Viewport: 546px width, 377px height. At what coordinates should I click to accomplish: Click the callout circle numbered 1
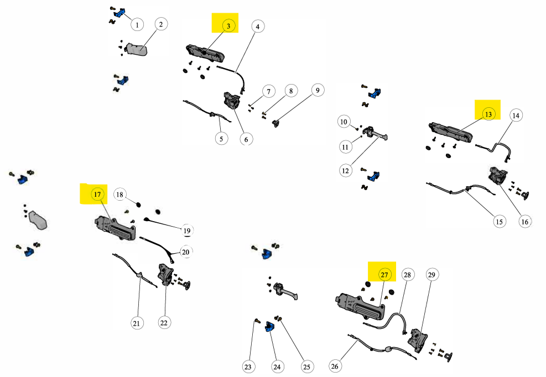click(x=137, y=24)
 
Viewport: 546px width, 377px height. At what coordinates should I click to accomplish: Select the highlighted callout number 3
click(x=227, y=25)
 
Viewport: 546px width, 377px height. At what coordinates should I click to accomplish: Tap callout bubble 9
click(x=318, y=91)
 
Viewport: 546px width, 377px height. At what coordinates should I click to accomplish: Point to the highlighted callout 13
click(x=488, y=114)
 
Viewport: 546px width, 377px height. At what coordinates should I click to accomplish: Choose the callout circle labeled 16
click(x=524, y=222)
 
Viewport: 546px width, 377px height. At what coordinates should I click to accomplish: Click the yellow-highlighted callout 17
click(x=97, y=194)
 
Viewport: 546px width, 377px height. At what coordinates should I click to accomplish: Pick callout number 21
click(x=137, y=323)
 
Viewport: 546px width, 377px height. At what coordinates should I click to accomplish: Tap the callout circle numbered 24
click(x=278, y=366)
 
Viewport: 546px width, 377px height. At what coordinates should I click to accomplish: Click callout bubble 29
click(x=431, y=275)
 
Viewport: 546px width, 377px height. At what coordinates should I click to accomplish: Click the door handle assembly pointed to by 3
click(x=206, y=54)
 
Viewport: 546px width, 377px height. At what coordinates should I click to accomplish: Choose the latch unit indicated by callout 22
click(x=165, y=274)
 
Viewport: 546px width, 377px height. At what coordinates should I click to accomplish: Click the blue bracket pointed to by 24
click(x=270, y=327)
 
